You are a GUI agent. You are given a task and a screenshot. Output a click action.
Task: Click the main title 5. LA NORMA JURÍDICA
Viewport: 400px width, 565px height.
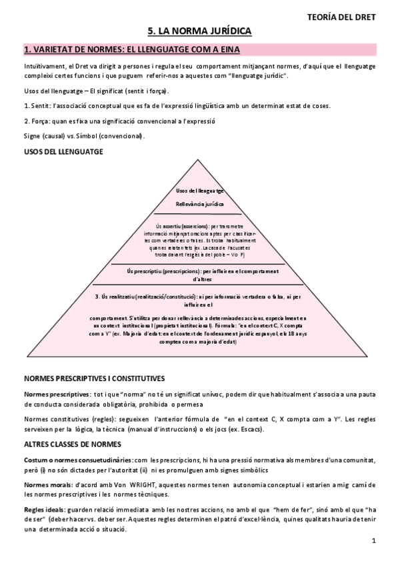(200, 31)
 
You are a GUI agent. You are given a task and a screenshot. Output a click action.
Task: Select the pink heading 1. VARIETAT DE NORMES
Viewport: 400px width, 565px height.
(132, 50)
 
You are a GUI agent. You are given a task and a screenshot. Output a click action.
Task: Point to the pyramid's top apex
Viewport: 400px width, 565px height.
(200, 160)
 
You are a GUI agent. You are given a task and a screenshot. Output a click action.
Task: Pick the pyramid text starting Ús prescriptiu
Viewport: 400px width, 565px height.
(200, 273)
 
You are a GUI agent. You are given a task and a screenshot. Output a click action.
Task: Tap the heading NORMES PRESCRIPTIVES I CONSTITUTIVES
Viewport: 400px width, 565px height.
(94, 378)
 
